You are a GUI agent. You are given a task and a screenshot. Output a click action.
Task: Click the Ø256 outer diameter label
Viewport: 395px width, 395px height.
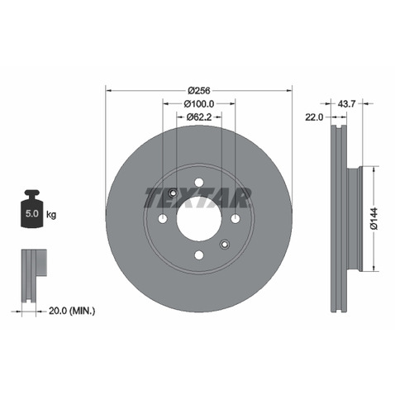(199, 90)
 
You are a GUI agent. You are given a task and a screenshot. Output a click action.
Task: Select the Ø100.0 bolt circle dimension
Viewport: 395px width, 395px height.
(199, 104)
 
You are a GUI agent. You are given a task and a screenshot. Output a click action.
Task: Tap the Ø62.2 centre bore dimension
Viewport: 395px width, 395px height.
(199, 117)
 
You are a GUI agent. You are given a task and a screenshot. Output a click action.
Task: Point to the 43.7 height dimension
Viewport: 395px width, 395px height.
(346, 104)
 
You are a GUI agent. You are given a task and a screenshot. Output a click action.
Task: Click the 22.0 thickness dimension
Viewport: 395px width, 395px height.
(314, 117)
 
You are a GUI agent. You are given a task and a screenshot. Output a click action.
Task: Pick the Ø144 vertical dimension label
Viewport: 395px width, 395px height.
(374, 219)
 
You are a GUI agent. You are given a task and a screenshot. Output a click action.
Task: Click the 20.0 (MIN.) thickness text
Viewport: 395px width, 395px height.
(72, 311)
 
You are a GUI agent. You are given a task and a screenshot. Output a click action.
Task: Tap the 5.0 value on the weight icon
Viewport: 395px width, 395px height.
(32, 213)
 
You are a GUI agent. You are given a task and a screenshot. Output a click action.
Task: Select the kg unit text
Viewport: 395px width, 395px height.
(51, 214)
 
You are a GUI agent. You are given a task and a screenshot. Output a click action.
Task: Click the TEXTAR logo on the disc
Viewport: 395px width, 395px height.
(197, 197)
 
